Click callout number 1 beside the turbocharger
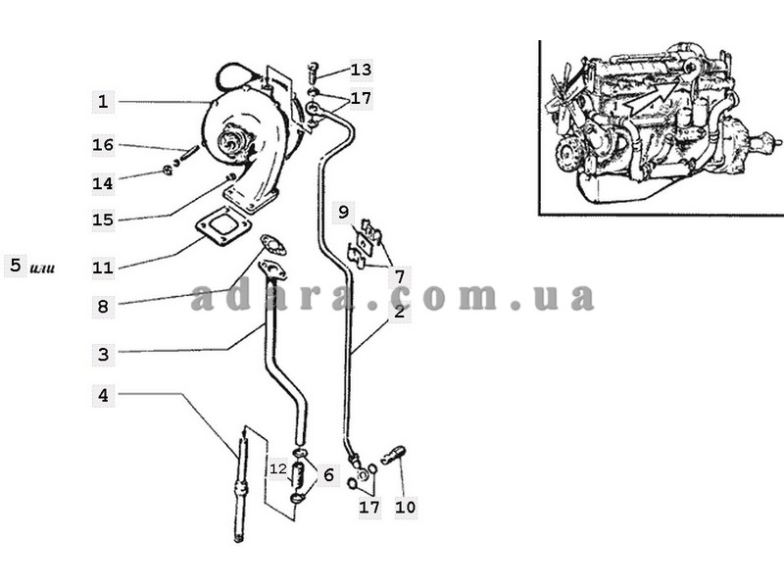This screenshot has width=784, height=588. (x=104, y=100)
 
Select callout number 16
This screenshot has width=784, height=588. (x=104, y=145)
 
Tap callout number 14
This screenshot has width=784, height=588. (x=104, y=182)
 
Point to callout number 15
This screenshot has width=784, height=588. (x=104, y=220)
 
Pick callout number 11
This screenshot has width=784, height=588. (x=104, y=267)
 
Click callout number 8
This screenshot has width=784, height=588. (x=104, y=307)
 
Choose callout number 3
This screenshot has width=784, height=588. (x=104, y=354)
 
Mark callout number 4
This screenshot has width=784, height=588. (x=104, y=396)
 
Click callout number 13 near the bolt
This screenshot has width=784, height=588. (x=361, y=70)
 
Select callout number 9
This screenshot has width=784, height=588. (x=343, y=211)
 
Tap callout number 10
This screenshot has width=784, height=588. (x=406, y=507)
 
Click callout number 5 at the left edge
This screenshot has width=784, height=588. (x=15, y=265)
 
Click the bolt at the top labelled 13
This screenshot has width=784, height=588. (x=313, y=72)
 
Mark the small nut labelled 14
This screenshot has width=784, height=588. (x=167, y=171)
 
